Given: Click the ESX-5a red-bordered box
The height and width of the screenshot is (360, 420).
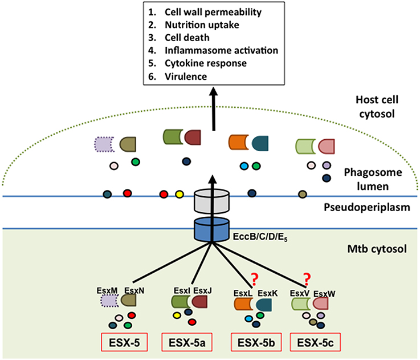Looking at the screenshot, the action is click(x=187, y=342).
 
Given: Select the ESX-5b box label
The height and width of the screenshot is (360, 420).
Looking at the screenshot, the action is click(x=256, y=342).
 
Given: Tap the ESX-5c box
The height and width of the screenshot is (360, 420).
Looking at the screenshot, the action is click(x=316, y=342).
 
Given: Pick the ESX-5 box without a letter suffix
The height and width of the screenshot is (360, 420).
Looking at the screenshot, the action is click(x=124, y=342).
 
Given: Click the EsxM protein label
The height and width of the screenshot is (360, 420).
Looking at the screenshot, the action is click(x=107, y=290).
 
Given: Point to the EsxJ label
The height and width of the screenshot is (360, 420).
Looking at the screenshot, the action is click(x=202, y=290).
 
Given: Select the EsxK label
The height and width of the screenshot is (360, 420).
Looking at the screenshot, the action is click(x=268, y=293).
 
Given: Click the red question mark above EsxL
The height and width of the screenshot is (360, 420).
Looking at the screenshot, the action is click(x=255, y=279).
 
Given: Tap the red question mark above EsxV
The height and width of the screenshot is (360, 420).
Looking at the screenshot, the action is click(x=307, y=279).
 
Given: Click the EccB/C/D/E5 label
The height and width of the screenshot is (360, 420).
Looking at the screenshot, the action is click(x=260, y=237).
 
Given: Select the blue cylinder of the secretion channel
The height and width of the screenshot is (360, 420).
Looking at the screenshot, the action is click(x=211, y=229).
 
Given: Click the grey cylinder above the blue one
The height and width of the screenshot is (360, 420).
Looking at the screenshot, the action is click(x=211, y=200).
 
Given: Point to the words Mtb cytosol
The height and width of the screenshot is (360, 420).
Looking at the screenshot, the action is click(x=377, y=249).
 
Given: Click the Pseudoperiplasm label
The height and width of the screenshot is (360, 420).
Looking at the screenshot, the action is click(x=367, y=207).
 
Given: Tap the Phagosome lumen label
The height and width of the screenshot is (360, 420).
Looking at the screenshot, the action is click(x=373, y=179).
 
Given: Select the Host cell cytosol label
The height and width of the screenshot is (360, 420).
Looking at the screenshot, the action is click(x=377, y=107).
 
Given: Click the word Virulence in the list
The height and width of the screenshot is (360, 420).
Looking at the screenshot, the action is click(x=186, y=76).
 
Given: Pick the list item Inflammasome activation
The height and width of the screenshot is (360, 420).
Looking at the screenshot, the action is click(x=222, y=50).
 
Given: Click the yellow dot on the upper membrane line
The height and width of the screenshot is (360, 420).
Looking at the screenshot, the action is click(x=179, y=194).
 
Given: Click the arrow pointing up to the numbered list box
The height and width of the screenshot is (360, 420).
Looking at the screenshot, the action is click(x=214, y=109).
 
